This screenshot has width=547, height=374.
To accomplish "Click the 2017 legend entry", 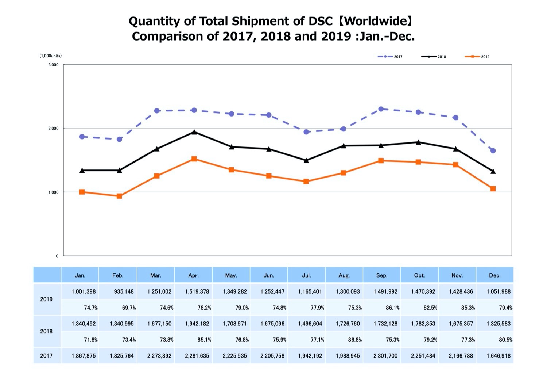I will [391, 57].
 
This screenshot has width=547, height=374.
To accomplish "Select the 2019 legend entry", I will [477, 57].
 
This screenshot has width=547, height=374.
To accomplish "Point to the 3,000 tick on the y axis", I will [53, 65].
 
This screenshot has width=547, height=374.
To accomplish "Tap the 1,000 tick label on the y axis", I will [53, 192].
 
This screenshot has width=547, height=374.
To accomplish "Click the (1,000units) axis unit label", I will [51, 56].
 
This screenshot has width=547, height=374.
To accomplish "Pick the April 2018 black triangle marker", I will [194, 132].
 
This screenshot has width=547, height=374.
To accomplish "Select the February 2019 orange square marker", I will [119, 196].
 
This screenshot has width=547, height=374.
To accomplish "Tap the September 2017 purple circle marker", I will [381, 109].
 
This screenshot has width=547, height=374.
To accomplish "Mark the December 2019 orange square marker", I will [493, 189].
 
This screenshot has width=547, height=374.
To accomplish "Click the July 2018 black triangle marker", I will [306, 160].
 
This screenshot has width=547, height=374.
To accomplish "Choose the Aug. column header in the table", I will [344, 275].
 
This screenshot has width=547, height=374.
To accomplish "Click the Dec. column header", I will [494, 275].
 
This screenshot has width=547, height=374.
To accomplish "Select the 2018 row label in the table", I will [46, 331].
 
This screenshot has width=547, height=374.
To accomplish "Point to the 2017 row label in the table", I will [46, 356].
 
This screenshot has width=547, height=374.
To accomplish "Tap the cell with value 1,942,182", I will [197, 324].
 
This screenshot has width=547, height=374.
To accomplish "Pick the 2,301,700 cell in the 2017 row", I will [385, 356].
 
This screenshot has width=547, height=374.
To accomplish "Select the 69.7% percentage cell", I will [129, 308].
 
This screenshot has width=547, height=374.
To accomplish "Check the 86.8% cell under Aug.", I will [355, 340].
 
